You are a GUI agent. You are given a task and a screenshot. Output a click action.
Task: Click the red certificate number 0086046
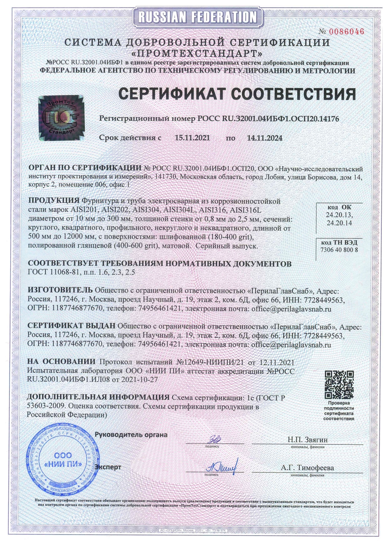346,31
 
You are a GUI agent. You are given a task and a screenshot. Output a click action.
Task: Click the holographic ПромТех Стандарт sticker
61,117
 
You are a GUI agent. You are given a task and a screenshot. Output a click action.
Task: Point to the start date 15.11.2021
192,138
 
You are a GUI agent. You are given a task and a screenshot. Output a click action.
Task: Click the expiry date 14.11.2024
264,138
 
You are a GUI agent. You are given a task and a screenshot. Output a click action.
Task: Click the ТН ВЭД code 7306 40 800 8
339,250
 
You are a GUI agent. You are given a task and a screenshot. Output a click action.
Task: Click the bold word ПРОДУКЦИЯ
54,201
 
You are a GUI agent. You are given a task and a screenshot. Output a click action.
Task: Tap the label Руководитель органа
131,435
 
